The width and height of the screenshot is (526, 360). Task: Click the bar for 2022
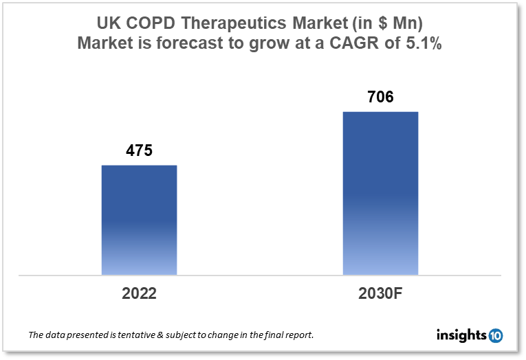[139, 220]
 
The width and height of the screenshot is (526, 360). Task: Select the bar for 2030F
[380, 193]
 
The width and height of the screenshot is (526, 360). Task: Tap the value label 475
[139, 150]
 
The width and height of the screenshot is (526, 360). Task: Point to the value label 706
[380, 97]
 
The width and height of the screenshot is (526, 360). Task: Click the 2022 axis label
[139, 293]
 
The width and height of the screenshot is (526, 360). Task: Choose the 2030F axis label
[380, 293]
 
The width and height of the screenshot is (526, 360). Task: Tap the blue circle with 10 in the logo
[496, 336]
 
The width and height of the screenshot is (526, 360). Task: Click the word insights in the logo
[461, 336]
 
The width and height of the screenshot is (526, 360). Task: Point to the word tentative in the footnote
[127, 336]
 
